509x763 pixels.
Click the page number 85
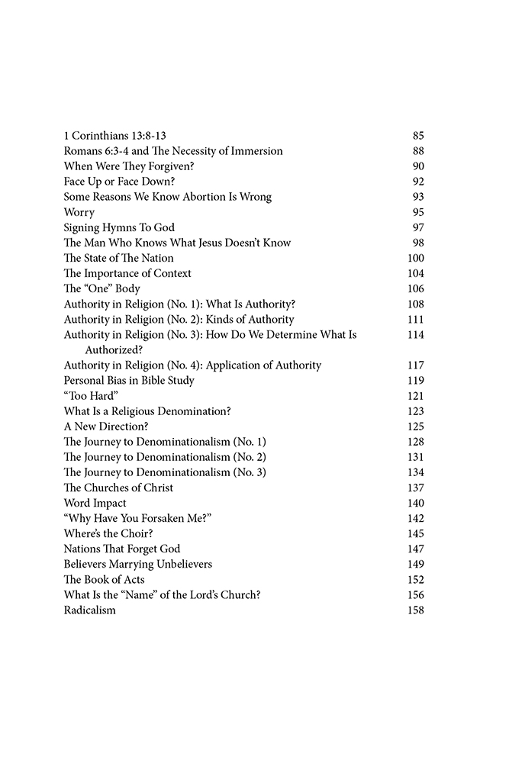click(x=417, y=136)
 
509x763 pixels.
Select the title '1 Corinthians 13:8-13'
click(x=115, y=136)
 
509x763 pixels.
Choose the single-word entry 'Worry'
click(x=79, y=212)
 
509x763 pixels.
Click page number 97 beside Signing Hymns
click(x=417, y=227)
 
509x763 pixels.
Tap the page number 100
click(x=415, y=258)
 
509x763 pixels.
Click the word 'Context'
click(x=172, y=273)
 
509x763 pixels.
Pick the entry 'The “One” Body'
click(x=101, y=288)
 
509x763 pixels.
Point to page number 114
click(x=415, y=334)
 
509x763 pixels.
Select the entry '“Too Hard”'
click(x=85, y=395)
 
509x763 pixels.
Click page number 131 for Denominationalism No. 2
click(x=415, y=456)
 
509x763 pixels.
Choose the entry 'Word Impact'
click(x=95, y=503)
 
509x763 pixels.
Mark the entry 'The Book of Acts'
click(x=104, y=579)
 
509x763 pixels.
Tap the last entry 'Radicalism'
click(x=90, y=610)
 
